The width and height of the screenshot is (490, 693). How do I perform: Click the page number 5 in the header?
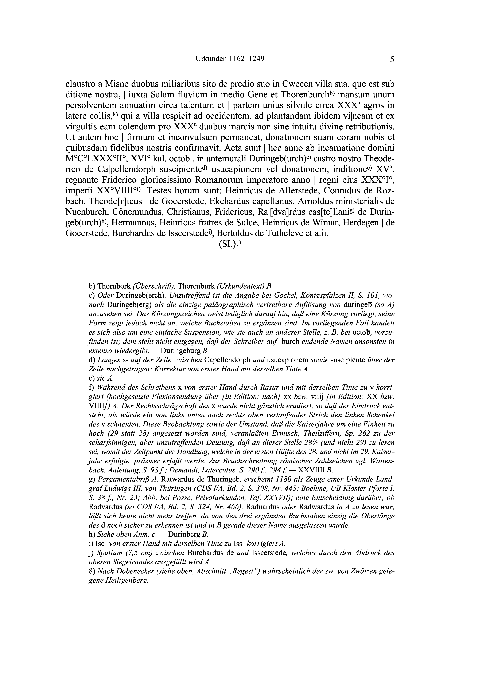[x=392, y=59]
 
